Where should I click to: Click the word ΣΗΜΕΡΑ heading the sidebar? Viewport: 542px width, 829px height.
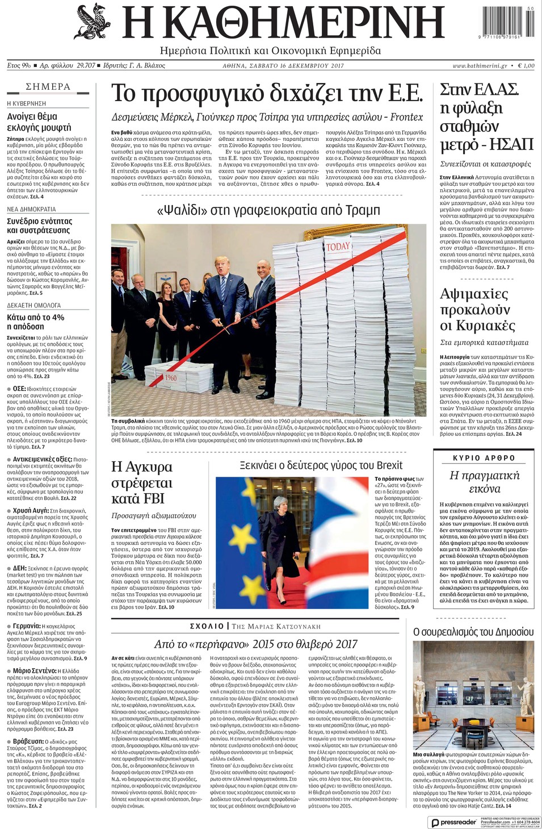(x=48, y=86)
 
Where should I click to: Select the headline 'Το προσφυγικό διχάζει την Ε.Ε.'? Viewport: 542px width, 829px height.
(x=267, y=93)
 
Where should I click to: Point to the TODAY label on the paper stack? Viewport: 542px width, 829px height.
(x=338, y=247)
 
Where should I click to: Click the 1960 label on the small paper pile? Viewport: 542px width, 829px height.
(x=171, y=377)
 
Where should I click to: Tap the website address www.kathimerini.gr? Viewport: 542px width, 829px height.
(x=480, y=66)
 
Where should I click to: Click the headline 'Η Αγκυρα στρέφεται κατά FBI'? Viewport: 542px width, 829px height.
(x=142, y=482)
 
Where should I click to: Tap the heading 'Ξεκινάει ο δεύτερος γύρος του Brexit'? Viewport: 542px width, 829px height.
(x=321, y=465)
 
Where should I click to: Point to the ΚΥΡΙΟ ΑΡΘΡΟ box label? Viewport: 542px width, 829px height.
(x=484, y=457)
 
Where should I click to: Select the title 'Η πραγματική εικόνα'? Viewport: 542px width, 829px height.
(x=484, y=482)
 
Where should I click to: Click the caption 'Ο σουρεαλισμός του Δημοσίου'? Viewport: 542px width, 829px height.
(x=473, y=632)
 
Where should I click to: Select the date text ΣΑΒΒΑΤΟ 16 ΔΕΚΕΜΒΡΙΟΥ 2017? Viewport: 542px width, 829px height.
(x=283, y=66)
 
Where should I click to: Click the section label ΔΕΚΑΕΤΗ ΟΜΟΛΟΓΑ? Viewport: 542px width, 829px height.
(x=33, y=305)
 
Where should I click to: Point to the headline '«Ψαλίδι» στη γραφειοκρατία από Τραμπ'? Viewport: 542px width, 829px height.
(x=268, y=210)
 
